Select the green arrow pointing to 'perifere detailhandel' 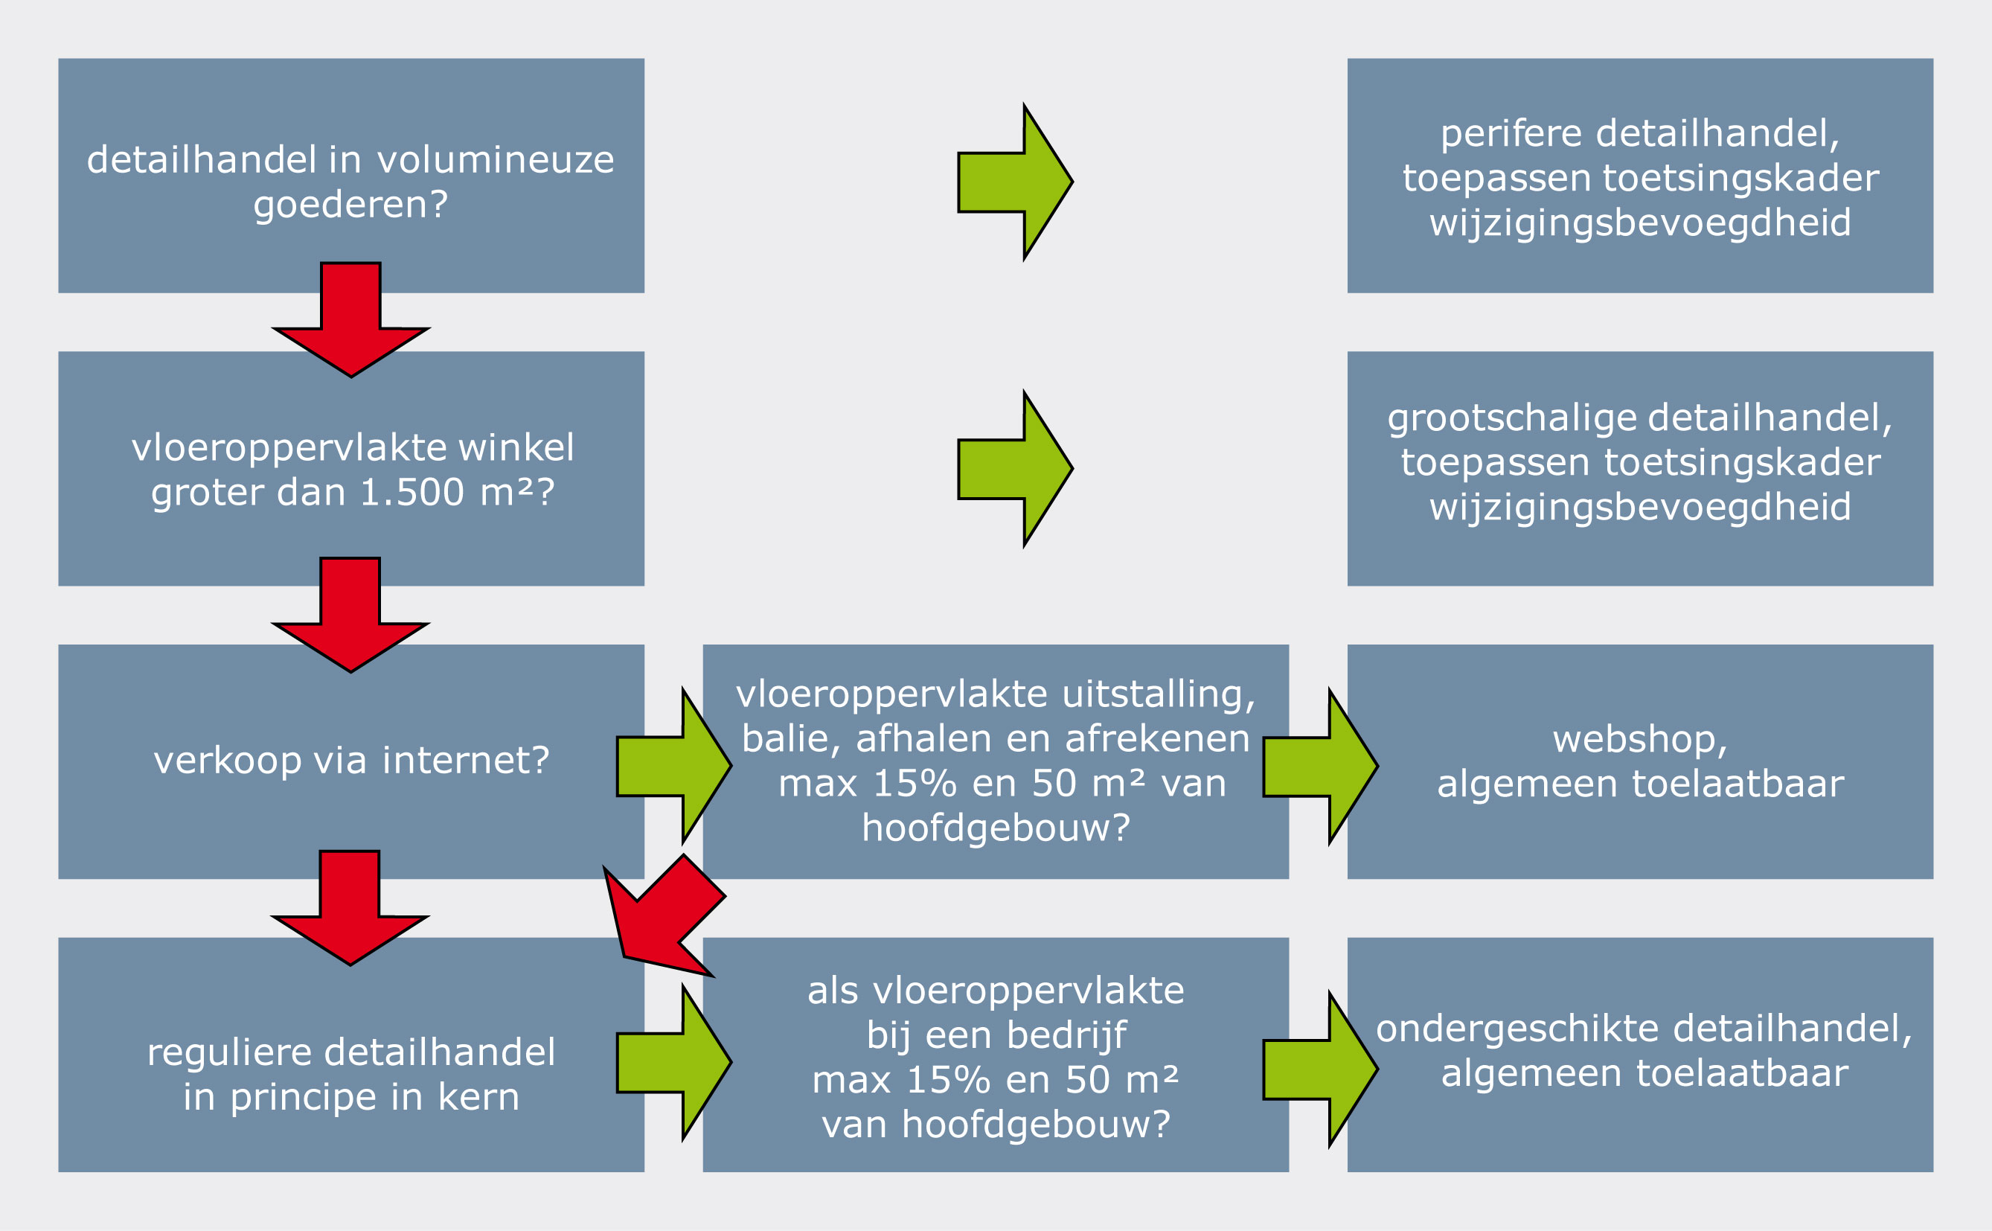pos(1015,182)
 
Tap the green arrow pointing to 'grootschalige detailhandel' pos(1015,469)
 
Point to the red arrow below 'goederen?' pos(351,320)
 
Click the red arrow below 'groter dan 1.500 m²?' pos(350,615)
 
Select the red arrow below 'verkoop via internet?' pos(350,909)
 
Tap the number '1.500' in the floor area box pos(412,492)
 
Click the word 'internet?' pos(466,761)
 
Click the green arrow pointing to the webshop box pos(1320,766)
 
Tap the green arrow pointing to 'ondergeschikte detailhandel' pos(1320,1069)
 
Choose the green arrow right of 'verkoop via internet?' pos(674,765)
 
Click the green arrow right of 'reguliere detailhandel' pos(674,1061)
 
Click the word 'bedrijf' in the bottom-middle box pos(1067,1035)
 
